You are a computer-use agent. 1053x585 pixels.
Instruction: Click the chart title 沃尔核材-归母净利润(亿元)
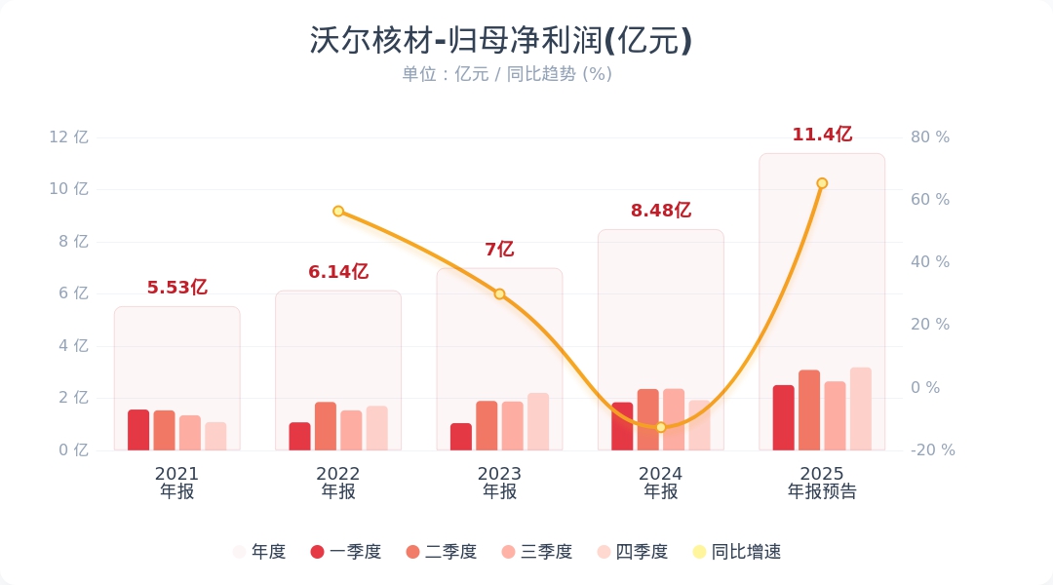(500, 40)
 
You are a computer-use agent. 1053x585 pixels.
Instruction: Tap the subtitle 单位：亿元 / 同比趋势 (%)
(506, 74)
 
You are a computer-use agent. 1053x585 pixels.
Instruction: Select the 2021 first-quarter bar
(138, 430)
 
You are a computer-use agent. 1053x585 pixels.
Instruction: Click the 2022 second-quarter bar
(325, 426)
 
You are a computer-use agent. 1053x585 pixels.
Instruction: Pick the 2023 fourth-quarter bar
(538, 421)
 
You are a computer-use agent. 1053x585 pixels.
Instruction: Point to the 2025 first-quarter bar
(784, 417)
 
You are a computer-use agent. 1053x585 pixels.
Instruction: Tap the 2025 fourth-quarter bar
(860, 409)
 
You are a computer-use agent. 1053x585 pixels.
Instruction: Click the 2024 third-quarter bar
(674, 419)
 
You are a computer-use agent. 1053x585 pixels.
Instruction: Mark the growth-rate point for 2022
(338, 211)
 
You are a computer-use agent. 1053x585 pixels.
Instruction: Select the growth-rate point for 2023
(499, 293)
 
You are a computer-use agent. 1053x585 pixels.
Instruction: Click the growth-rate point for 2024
(661, 427)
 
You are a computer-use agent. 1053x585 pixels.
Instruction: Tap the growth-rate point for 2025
(822, 183)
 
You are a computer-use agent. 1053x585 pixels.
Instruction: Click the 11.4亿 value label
(822, 135)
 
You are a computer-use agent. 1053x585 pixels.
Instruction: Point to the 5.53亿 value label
(177, 288)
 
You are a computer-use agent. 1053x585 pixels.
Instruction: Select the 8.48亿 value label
(661, 210)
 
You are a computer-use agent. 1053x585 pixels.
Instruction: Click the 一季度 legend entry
(345, 552)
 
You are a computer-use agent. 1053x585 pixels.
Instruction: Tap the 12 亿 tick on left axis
(69, 137)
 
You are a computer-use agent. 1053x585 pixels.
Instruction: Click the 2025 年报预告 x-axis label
(822, 483)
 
